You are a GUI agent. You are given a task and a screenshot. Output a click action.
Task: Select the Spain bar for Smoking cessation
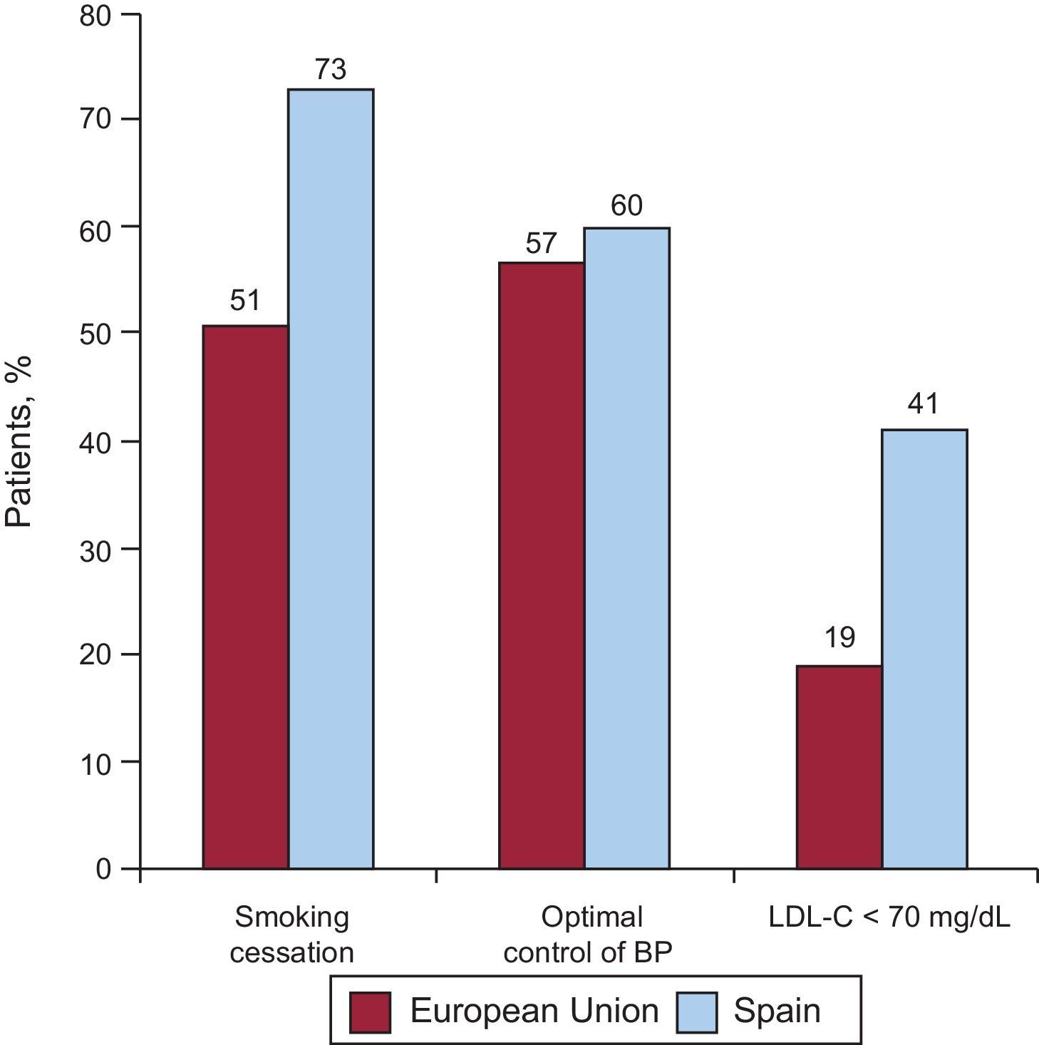[331, 478]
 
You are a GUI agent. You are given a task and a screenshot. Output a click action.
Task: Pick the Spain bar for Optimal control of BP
[626, 548]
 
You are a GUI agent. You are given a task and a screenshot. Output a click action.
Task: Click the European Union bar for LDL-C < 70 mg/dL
[839, 767]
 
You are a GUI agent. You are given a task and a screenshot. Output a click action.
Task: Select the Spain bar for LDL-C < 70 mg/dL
[924, 649]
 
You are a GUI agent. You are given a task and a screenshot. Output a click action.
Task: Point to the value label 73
[330, 69]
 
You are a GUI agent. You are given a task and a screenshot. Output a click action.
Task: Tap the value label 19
[839, 637]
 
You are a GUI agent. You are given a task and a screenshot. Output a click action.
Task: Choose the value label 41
[924, 404]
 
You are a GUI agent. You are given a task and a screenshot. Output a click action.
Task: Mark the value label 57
[541, 244]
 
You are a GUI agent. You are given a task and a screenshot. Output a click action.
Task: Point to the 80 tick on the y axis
[95, 16]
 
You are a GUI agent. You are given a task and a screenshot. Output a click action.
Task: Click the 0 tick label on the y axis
[104, 870]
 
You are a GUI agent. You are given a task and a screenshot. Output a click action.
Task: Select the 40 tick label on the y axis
[95, 442]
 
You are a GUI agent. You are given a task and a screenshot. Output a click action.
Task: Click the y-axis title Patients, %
[19, 442]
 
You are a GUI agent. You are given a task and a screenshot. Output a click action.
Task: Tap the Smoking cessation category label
[292, 935]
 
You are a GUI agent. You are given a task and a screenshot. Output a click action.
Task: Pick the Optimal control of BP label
[589, 935]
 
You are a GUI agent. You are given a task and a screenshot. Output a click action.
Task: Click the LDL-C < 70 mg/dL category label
[889, 917]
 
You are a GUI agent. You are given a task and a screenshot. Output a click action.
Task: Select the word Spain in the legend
[777, 1011]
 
